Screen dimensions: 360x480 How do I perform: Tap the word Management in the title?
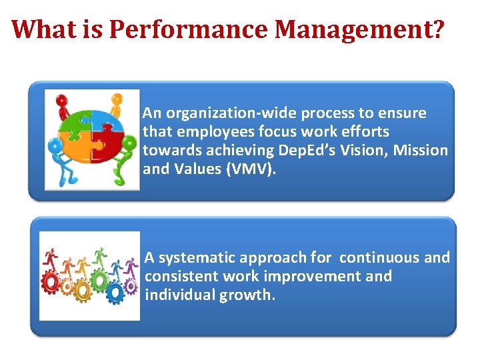coord(351,29)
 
